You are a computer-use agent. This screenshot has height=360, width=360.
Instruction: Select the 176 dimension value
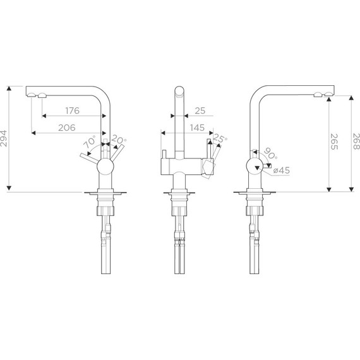72,111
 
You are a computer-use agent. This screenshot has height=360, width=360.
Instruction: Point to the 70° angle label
88,141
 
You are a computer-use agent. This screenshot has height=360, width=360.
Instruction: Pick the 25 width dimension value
200,111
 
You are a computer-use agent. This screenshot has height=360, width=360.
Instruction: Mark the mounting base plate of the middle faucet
179,192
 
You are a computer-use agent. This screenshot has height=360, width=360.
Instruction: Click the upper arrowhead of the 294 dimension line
9,88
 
